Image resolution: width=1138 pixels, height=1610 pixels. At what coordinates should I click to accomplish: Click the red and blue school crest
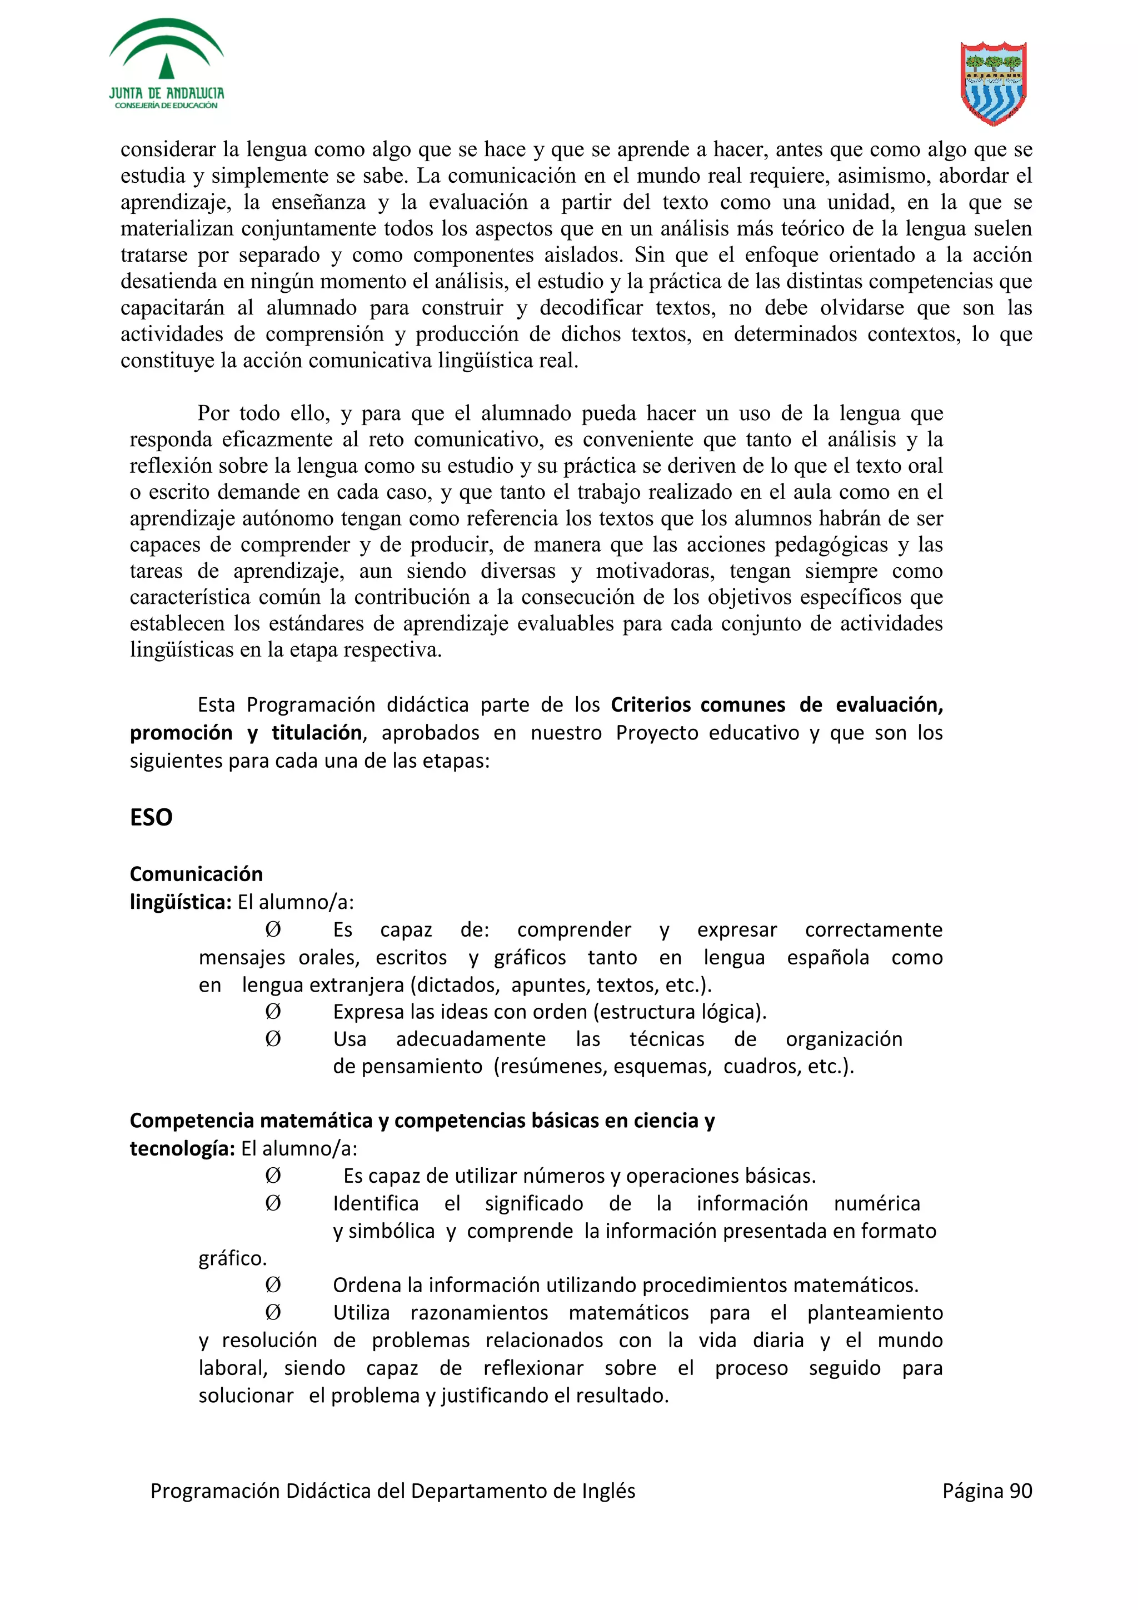point(993,83)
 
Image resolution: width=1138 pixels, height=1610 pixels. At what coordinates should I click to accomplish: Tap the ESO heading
point(151,817)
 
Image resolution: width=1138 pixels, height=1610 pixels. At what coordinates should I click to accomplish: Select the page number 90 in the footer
point(1020,1491)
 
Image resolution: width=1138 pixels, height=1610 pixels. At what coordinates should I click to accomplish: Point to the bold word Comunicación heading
point(196,874)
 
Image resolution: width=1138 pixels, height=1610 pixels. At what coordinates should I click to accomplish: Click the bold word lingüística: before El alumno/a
point(180,902)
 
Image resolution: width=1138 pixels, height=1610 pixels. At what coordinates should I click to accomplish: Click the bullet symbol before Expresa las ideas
point(273,1012)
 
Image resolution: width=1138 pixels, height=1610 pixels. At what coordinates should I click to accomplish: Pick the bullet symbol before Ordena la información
point(273,1286)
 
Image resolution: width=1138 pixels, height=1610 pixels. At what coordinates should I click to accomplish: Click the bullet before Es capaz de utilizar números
point(273,1176)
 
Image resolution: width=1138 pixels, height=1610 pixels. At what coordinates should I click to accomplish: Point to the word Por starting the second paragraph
point(214,413)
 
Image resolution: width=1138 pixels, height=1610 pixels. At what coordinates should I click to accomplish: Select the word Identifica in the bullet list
point(375,1204)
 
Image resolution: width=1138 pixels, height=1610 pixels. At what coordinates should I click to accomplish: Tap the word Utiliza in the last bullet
point(361,1313)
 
